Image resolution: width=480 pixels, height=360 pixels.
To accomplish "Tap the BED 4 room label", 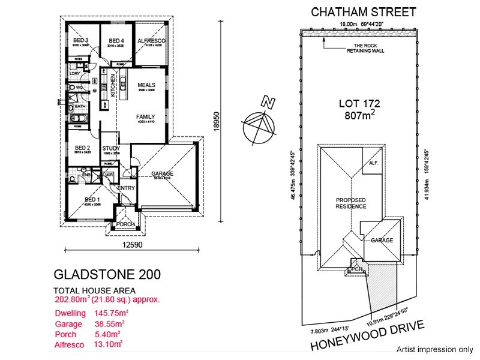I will [x=115, y=40].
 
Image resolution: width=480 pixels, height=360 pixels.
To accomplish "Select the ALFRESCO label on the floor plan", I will [x=151, y=40].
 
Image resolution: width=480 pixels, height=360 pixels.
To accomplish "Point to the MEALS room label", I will [x=146, y=85].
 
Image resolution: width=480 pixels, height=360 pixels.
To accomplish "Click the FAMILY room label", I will [x=145, y=116].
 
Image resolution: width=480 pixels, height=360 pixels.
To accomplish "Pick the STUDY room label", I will [x=111, y=148].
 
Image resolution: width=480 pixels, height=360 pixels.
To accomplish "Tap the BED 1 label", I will [x=92, y=199].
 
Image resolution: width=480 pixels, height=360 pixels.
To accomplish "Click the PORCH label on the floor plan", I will [x=125, y=224].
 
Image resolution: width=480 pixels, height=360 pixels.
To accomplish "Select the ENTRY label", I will [x=127, y=188].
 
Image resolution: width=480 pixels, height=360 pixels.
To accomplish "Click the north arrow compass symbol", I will [x=260, y=123].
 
